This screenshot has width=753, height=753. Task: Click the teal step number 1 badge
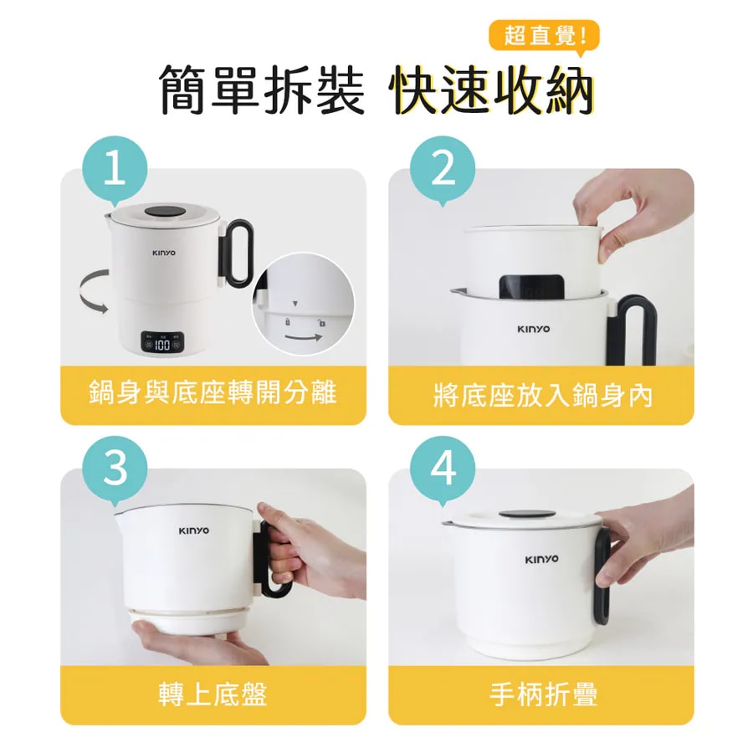point(115,170)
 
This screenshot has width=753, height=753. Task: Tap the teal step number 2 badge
point(443,170)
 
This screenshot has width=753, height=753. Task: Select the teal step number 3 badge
point(115,469)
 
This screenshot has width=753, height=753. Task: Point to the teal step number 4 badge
point(443,469)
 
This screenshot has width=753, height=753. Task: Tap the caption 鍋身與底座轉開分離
point(213,392)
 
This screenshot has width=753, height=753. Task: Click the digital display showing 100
point(161,342)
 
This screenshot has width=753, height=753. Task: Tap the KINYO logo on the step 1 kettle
point(164,253)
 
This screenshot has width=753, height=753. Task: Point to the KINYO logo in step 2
point(533,329)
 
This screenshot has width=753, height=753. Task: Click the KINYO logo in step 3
point(194,530)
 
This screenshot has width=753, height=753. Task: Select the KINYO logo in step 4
point(541,560)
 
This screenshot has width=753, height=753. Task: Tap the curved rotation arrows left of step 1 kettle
point(94,291)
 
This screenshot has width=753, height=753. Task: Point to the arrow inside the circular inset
point(304,337)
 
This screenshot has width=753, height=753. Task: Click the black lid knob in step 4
point(526,515)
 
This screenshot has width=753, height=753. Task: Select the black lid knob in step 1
point(165,212)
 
